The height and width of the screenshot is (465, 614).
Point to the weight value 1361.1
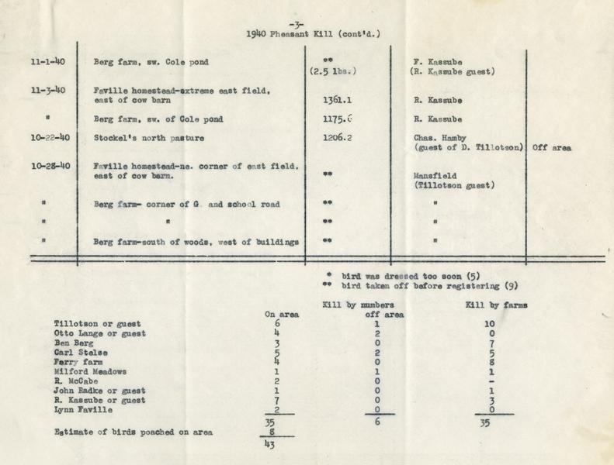pyautogui.click(x=337, y=100)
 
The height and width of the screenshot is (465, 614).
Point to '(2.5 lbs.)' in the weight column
pyautogui.click(x=332, y=72)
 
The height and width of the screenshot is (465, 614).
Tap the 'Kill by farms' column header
pyautogui.click(x=497, y=305)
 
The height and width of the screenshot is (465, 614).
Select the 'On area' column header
pyautogui.click(x=281, y=314)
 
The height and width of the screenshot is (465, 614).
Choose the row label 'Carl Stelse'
pyautogui.click(x=81, y=352)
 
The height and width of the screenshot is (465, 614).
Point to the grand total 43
pyautogui.click(x=271, y=445)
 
